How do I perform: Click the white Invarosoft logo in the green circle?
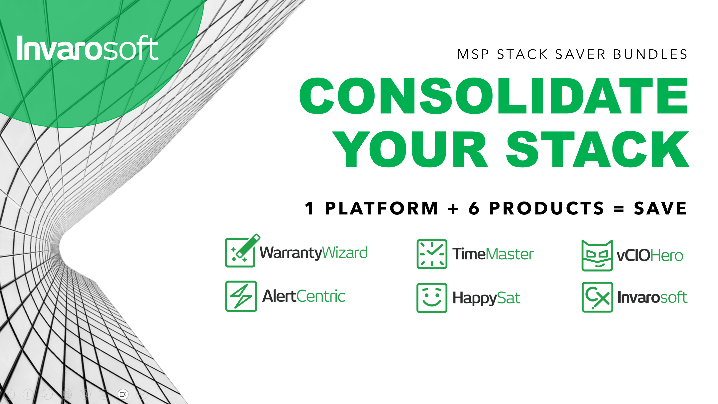click(88, 48)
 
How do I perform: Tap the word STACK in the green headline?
click(598, 149)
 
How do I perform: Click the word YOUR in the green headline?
click(410, 149)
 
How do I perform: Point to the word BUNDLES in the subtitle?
click(650, 54)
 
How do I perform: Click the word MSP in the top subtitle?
click(473, 54)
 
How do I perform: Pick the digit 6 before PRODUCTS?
click(474, 208)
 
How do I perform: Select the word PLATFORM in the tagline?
click(382, 208)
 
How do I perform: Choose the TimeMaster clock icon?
click(432, 254)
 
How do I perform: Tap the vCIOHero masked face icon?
click(597, 255)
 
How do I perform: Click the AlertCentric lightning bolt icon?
click(241, 296)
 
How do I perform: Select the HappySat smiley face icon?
click(432, 298)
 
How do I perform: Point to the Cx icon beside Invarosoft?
click(597, 297)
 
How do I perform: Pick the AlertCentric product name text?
click(304, 296)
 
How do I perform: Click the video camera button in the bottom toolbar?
click(123, 394)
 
